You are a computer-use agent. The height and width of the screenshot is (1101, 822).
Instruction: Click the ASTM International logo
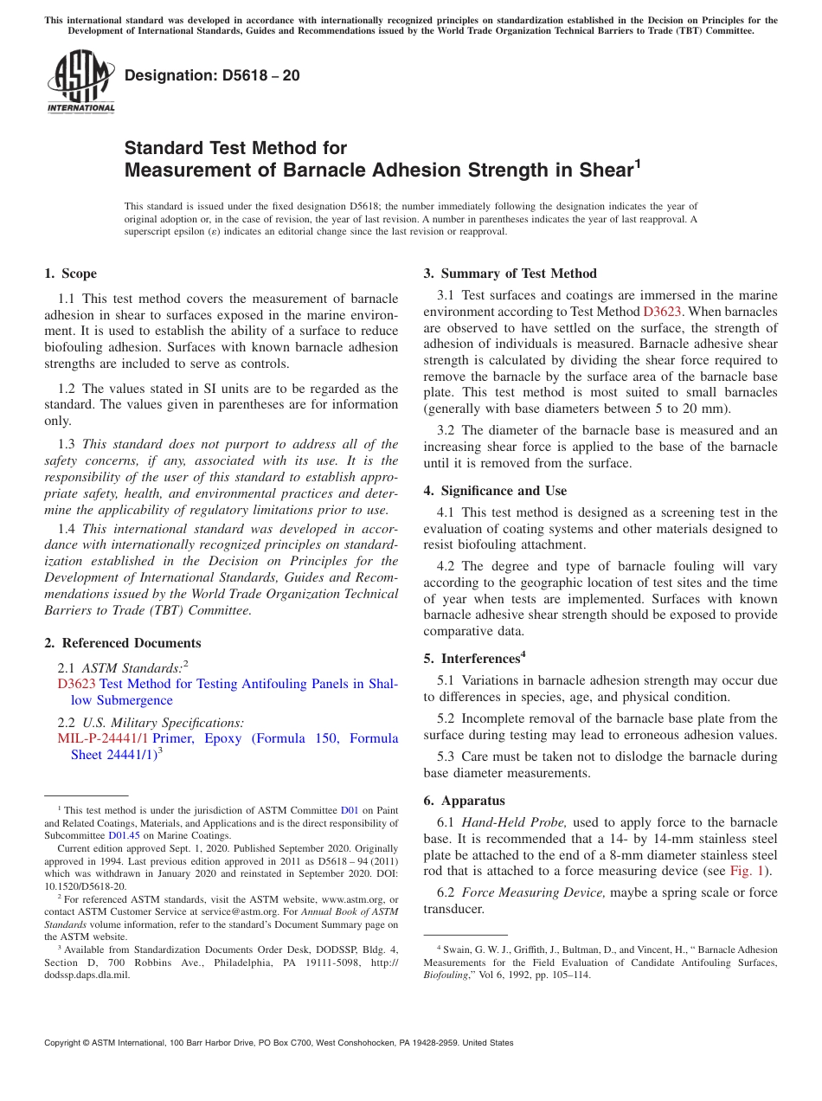[x=80, y=81]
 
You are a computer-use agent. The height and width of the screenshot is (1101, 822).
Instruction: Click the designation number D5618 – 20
[x=212, y=75]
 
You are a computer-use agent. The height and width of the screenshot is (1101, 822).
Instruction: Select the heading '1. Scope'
[x=70, y=274]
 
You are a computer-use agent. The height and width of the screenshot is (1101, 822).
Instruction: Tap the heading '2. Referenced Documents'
[x=122, y=643]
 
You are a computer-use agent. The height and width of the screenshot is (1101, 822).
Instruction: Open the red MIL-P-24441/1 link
[x=103, y=738]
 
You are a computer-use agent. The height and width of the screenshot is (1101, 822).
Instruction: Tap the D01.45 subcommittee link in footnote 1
[x=124, y=836]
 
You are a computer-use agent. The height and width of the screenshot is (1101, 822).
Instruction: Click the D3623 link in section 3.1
[x=660, y=312]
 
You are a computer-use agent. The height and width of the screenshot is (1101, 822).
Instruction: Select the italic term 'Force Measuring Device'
[x=534, y=892]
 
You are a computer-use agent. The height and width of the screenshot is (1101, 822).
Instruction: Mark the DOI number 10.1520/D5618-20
[x=85, y=886]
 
